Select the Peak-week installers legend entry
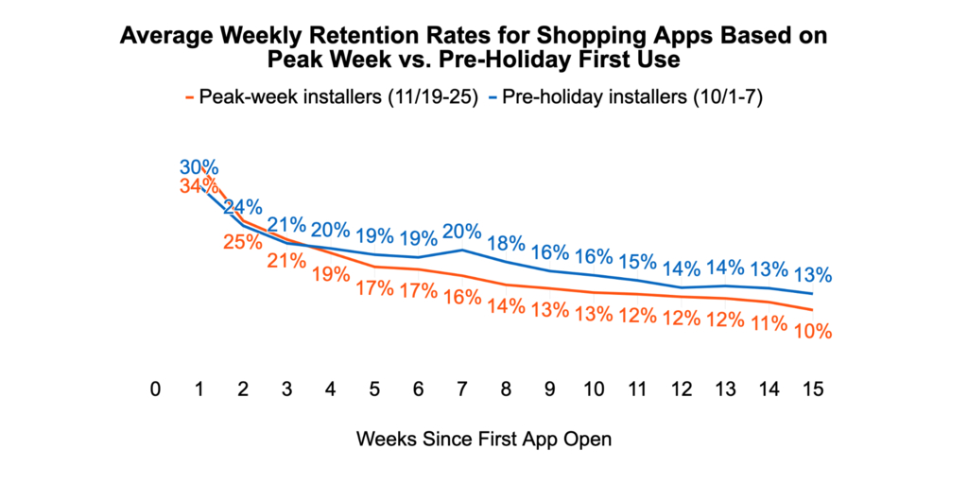(335, 96)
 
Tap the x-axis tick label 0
(156, 389)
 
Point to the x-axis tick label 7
(461, 389)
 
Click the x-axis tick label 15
(811, 389)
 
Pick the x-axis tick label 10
(594, 389)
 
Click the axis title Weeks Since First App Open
(484, 440)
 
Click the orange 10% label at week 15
(812, 332)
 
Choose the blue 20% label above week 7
(462, 231)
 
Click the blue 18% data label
(506, 243)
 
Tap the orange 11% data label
(769, 324)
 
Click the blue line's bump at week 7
(462, 250)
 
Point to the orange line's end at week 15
(811, 310)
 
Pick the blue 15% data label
(637, 261)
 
